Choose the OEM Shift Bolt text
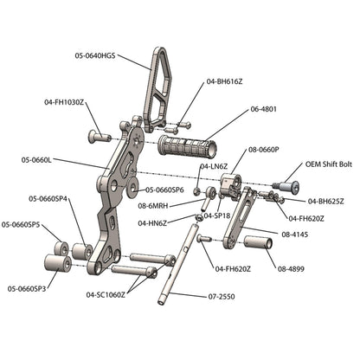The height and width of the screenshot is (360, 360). [328, 164]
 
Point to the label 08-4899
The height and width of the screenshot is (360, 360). [294, 268]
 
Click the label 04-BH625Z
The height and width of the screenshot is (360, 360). [326, 201]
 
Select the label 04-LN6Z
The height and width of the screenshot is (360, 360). [215, 165]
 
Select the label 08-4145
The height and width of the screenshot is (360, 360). [297, 234]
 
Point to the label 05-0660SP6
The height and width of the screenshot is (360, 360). [164, 189]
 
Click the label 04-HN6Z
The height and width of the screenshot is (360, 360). [153, 222]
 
